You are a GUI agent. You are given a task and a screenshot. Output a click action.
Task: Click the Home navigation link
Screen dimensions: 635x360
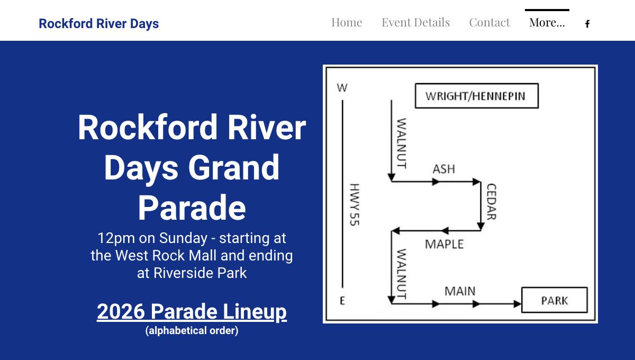(x=347, y=22)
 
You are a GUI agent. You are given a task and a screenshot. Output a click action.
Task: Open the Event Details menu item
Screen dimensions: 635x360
(x=415, y=22)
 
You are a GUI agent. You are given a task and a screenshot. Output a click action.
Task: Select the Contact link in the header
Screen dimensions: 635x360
(x=489, y=22)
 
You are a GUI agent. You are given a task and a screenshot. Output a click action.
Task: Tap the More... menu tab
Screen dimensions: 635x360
(x=547, y=22)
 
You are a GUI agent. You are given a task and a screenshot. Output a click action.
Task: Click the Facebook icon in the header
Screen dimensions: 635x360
(x=587, y=24)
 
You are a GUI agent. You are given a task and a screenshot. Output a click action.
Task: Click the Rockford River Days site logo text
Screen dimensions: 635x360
(x=98, y=23)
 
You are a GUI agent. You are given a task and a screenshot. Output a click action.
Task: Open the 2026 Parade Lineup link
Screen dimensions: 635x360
(x=192, y=312)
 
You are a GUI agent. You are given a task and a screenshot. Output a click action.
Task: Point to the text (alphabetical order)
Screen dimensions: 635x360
(x=192, y=330)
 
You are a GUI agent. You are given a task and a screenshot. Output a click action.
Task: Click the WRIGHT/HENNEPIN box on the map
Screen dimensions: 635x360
(x=477, y=96)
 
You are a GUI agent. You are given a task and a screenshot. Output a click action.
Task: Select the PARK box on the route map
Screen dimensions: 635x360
(x=555, y=300)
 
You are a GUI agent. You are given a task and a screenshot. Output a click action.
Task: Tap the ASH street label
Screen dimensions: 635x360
(x=443, y=169)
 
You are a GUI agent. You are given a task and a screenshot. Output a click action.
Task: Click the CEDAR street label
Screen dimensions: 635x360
(x=492, y=202)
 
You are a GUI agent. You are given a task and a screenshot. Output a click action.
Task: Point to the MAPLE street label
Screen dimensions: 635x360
(x=444, y=244)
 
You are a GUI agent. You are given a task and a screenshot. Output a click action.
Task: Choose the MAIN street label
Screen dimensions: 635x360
(x=460, y=291)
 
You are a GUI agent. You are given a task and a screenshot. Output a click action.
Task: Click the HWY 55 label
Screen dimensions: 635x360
(x=355, y=204)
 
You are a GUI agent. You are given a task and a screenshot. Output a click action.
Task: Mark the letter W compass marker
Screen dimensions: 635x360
(x=342, y=88)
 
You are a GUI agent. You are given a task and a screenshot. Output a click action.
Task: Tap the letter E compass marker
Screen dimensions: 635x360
(x=342, y=301)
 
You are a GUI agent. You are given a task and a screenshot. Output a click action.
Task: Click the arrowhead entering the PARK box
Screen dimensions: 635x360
(x=518, y=304)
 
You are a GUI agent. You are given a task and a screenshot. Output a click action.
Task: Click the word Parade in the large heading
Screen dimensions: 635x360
(x=192, y=208)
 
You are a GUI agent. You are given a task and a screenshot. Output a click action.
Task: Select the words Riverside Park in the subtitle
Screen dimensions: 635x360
(x=200, y=273)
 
